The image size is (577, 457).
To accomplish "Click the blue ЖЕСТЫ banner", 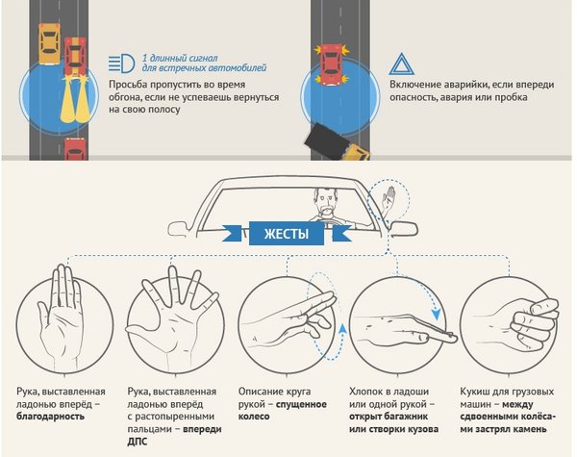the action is point(287,234).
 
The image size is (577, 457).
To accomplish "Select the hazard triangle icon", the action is point(402,64).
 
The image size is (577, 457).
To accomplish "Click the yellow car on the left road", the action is point(49,44).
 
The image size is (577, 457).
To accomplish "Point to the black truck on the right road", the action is point(326,141).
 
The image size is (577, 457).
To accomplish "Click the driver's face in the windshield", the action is point(326,202).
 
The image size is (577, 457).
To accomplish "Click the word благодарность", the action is point(50,417).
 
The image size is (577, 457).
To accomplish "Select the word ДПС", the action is point(138,442).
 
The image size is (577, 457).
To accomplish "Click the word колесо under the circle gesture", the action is point(254,417).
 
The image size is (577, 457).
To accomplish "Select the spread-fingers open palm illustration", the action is point(172,317).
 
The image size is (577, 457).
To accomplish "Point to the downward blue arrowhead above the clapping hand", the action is point(437,315).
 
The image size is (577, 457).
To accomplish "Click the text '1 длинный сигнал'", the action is point(180,58).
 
